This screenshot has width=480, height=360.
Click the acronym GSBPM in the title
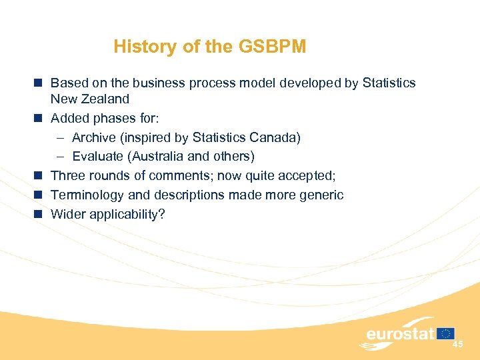(x=274, y=47)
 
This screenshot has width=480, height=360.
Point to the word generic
(x=321, y=195)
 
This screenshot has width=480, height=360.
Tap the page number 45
(x=457, y=344)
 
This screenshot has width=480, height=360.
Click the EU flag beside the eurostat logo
(x=447, y=333)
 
